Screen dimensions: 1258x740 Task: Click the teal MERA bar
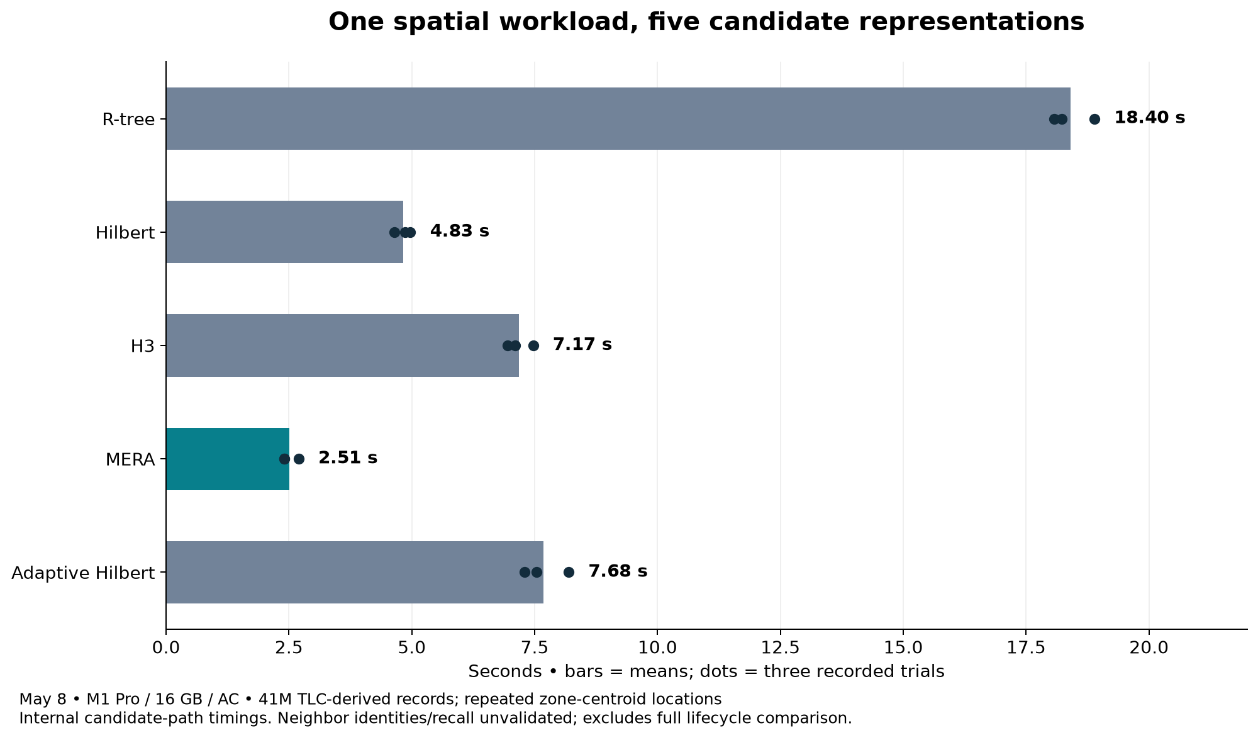click(x=228, y=459)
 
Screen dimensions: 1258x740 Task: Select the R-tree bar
click(x=618, y=119)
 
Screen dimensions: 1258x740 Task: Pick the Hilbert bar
click(x=285, y=232)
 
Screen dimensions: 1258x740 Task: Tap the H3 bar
click(x=343, y=345)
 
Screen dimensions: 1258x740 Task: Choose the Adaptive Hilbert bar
click(x=355, y=572)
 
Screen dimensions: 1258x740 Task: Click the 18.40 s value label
click(x=1150, y=118)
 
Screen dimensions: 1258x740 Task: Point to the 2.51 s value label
click(x=348, y=458)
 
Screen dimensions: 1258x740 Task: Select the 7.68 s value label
click(x=618, y=571)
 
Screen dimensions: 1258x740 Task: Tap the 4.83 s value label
click(x=460, y=232)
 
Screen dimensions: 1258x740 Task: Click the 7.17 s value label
click(x=582, y=345)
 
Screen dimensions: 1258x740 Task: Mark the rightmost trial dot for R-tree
click(x=1094, y=119)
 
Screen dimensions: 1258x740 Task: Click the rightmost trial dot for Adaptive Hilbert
click(x=569, y=572)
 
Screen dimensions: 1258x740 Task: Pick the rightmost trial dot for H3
click(x=533, y=345)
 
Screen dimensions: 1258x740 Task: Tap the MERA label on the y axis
click(x=130, y=459)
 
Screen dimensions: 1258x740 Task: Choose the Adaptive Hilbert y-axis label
click(x=84, y=573)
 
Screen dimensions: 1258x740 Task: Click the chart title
click(x=706, y=22)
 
